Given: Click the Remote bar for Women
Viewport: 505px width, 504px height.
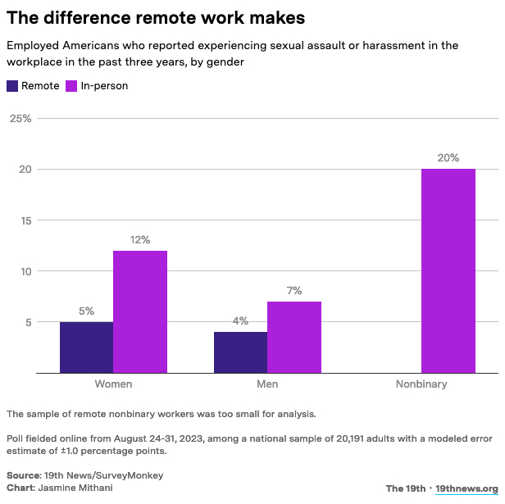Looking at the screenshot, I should [86, 347].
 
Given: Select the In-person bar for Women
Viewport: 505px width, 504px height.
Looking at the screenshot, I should [139, 311].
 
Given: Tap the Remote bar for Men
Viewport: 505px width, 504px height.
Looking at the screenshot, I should [240, 352].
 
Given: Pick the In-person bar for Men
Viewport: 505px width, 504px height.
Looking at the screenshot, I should [293, 337].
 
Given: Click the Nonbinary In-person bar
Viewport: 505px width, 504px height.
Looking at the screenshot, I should [448, 270].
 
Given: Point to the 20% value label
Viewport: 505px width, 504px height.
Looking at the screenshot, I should [448, 158].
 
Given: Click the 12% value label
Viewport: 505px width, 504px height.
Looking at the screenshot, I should [139, 240].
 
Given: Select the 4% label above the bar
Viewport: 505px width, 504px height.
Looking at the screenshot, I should [240, 321].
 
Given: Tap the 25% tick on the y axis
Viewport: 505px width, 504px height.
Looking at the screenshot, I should [20, 119].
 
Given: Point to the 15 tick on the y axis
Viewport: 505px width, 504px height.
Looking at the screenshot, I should [25, 220].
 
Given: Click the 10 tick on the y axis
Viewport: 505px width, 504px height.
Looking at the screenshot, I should [25, 271].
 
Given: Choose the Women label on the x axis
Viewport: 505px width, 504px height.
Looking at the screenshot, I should [113, 384].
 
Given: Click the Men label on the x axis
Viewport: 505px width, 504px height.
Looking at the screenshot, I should [267, 384].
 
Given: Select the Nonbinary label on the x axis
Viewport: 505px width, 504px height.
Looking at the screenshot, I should [421, 384].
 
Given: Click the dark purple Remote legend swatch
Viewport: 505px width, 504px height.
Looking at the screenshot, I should [12, 85].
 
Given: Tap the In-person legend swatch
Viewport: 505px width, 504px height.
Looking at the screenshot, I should [71, 85].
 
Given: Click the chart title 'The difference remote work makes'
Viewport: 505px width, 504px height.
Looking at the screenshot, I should [156, 17].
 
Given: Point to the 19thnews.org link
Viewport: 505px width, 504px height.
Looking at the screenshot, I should [467, 488].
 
